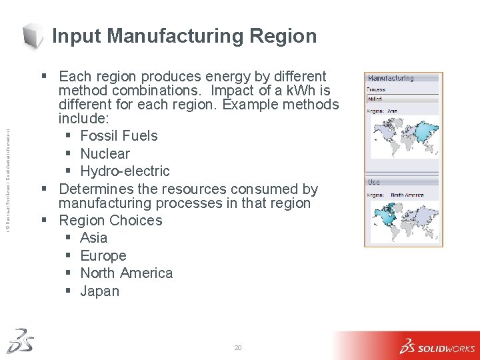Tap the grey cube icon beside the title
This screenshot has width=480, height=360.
(33, 35)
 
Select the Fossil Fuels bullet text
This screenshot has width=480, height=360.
(119, 136)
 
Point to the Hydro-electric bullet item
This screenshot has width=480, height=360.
(125, 171)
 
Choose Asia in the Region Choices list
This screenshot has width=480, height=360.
(93, 238)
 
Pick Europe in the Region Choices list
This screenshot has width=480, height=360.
(103, 256)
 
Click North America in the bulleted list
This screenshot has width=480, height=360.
(126, 273)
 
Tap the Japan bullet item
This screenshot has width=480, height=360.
(99, 291)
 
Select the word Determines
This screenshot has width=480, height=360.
(97, 189)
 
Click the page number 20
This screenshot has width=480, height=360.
(238, 348)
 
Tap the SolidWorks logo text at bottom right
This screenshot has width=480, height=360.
(446, 348)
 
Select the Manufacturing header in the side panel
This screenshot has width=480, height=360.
(391, 78)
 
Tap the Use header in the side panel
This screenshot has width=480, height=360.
(374, 182)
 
